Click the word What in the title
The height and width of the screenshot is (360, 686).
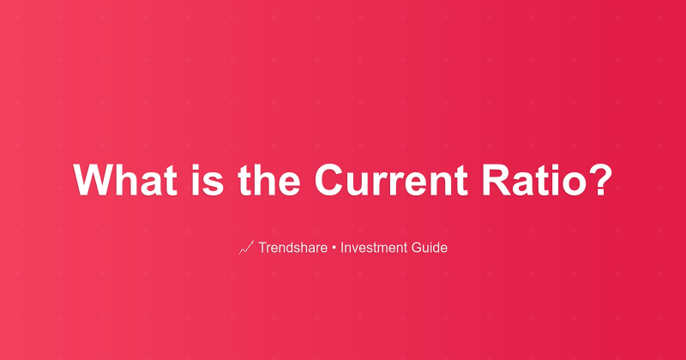tap(120, 181)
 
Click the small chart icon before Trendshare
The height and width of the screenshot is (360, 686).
tap(245, 249)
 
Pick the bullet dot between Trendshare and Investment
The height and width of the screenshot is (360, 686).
tap(335, 249)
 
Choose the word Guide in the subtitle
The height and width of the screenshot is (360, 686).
tap(429, 249)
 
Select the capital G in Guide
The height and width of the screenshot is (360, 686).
tap(417, 249)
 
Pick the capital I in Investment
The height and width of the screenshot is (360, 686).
tap(343, 249)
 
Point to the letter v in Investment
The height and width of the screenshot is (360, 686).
tap(356, 249)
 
